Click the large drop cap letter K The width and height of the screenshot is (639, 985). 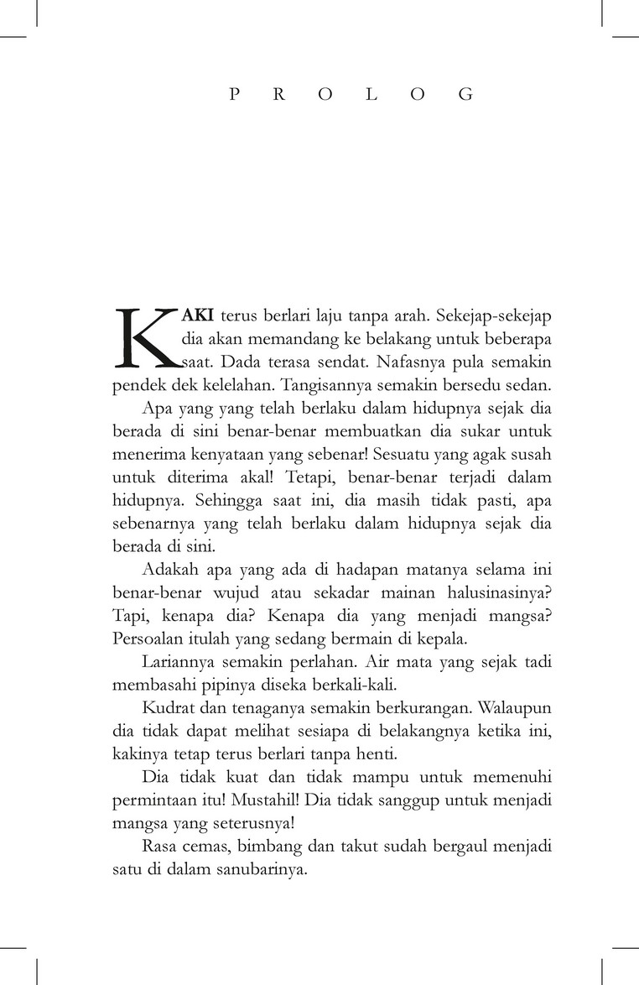point(144,338)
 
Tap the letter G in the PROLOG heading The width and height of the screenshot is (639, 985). point(465,95)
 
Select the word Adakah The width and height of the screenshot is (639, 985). point(168,570)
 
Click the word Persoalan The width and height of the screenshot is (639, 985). point(146,638)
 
